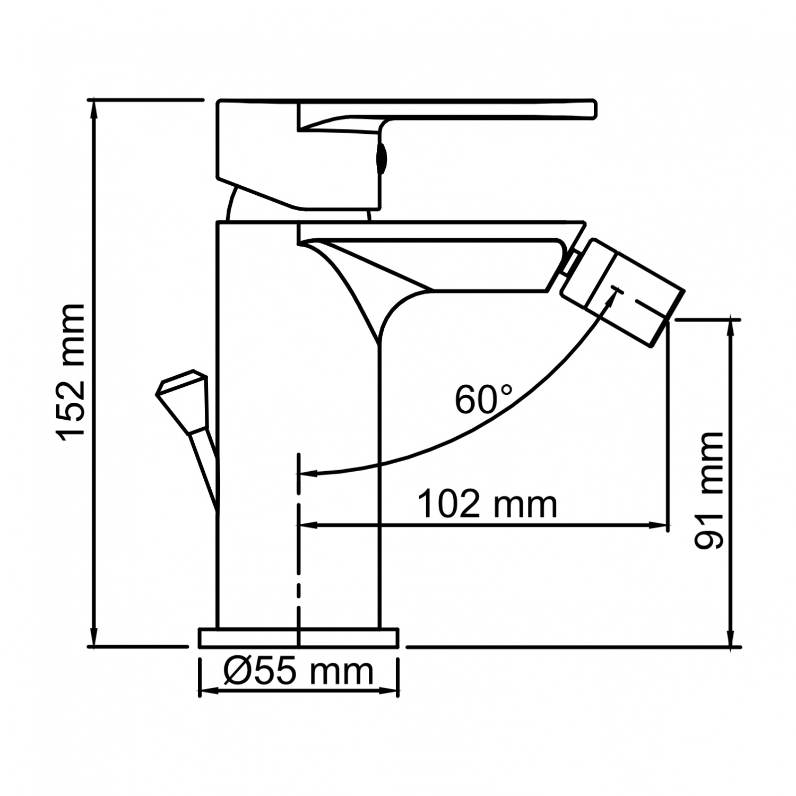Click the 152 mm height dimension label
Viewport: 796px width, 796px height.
[x=71, y=371]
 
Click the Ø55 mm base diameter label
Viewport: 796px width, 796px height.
[x=298, y=672]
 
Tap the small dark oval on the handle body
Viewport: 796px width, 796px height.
[x=381, y=158]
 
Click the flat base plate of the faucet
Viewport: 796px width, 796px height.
[x=298, y=638]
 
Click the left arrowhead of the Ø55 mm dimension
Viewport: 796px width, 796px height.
[x=206, y=691]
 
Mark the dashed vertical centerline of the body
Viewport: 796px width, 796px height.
[x=300, y=557]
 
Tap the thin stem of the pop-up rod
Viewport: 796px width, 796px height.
[x=205, y=467]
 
